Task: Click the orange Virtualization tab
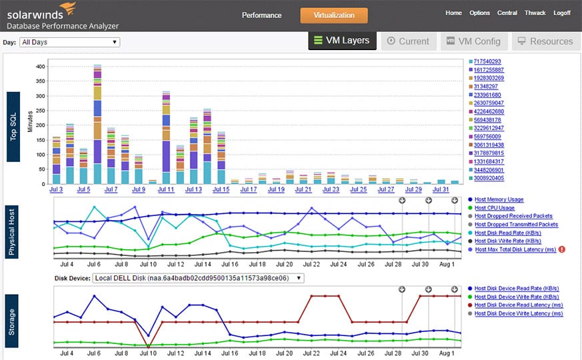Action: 333,15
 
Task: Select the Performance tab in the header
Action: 261,15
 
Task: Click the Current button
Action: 408,41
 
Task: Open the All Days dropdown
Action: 69,42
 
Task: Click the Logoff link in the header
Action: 561,13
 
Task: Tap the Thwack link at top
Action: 535,13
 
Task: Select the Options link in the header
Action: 479,13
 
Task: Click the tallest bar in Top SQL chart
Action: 97,127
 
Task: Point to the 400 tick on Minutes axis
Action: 40,67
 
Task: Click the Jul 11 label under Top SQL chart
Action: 167,190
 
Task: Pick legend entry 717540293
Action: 488,61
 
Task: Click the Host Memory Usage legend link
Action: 499,199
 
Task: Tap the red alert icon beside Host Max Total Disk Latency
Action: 562,249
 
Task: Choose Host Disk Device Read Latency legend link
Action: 518,305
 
